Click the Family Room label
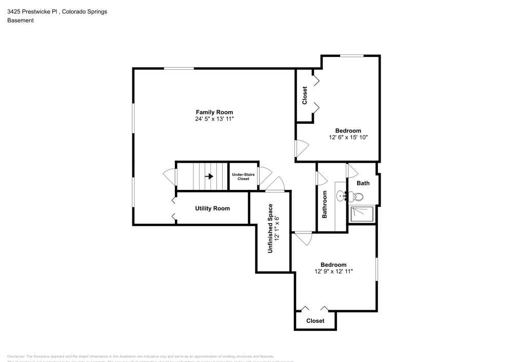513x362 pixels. (214, 112)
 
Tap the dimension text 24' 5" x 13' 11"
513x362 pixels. (214, 119)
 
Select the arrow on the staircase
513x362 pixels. (209, 176)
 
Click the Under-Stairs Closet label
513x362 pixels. (243, 177)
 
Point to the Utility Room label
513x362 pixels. (212, 208)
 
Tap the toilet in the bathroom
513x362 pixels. (358, 197)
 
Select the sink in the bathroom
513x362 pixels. (342, 195)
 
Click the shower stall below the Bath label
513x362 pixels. (362, 214)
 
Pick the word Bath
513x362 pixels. (363, 183)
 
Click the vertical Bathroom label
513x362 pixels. (325, 204)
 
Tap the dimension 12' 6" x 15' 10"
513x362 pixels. (348, 137)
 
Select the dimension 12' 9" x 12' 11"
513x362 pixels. (333, 271)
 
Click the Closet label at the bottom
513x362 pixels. (315, 321)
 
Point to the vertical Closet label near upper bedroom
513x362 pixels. (305, 96)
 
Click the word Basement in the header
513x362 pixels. (21, 20)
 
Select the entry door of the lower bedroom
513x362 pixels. (303, 238)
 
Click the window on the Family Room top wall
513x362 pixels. (179, 68)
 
